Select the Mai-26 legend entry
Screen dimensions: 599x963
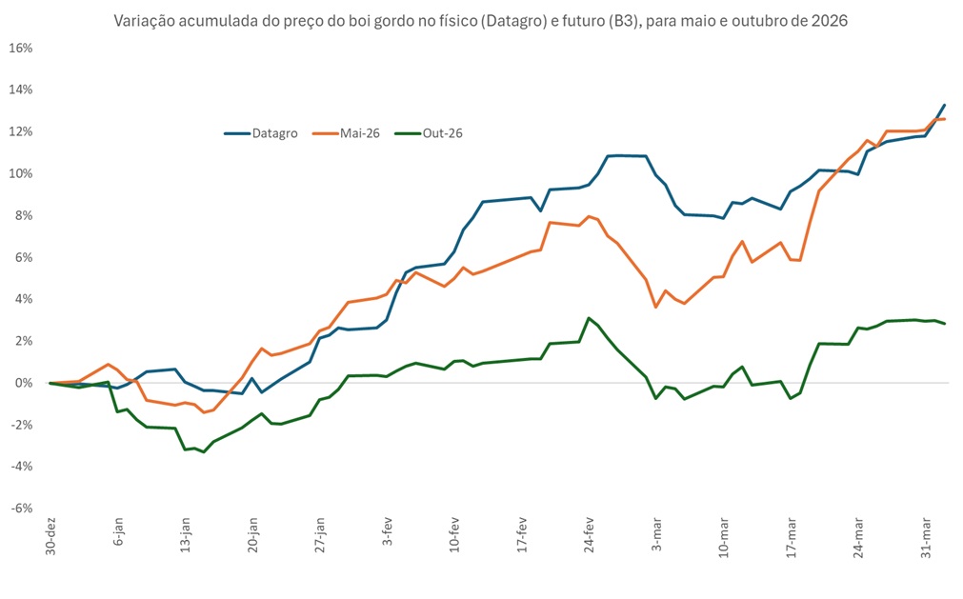click(360, 133)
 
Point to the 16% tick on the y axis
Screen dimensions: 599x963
click(21, 48)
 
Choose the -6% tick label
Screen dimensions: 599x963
click(22, 508)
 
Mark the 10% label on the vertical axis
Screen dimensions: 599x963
click(21, 173)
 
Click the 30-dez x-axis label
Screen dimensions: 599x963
click(50, 537)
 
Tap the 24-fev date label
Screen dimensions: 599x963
click(591, 537)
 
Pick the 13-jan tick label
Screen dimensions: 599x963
click(185, 537)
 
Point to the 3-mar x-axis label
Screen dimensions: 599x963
click(657, 535)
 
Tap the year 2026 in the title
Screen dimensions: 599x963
click(829, 20)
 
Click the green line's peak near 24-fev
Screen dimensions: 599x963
click(590, 318)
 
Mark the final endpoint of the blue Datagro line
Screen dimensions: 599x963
click(944, 105)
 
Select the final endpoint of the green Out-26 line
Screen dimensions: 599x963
click(944, 324)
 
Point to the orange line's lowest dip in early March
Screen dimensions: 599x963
click(655, 307)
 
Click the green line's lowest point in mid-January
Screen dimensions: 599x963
click(204, 451)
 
